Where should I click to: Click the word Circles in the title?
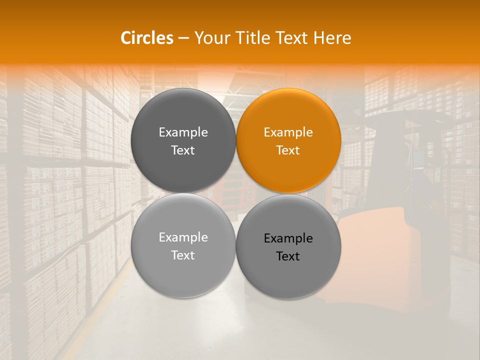(146, 38)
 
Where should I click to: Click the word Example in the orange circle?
(288, 132)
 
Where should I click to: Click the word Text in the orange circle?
(288, 150)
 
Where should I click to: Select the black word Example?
(288, 238)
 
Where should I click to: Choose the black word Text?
(288, 256)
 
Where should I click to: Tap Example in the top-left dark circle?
(183, 132)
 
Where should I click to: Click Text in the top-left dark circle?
(183, 150)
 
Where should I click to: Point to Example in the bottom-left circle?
(183, 237)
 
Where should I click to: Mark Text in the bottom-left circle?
(183, 255)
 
